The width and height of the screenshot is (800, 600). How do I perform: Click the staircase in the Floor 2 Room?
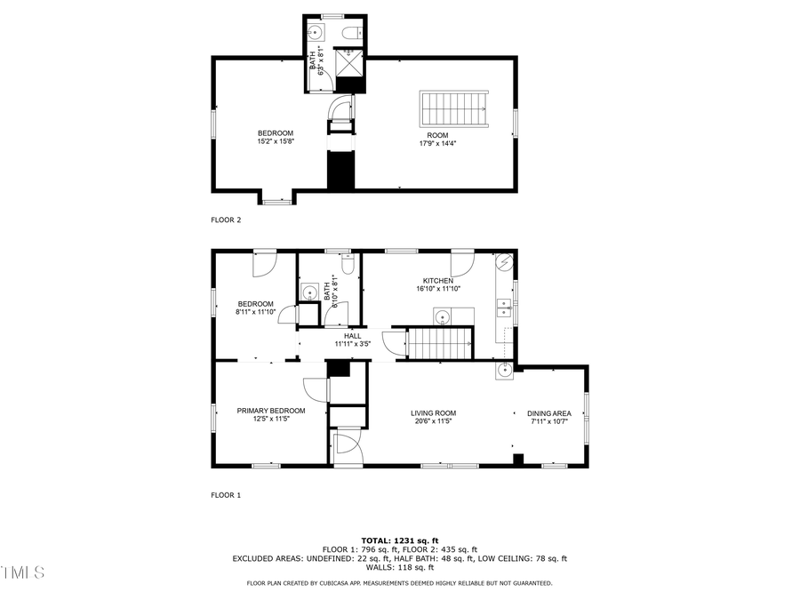tap(454, 108)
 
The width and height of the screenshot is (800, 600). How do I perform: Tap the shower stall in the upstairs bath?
tap(349, 63)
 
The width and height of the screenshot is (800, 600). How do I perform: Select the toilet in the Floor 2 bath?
tap(352, 34)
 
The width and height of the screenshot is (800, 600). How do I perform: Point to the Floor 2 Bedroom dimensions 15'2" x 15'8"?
tap(276, 141)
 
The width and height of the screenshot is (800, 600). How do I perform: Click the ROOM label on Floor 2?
tap(437, 135)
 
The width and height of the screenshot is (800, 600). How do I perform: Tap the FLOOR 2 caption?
tap(226, 220)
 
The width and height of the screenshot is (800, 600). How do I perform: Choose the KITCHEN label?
tap(437, 281)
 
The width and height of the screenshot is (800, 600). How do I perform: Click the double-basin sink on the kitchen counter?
tap(504, 308)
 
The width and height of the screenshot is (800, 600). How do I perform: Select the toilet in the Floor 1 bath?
tap(348, 264)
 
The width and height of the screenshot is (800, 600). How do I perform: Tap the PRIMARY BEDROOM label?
tap(271, 411)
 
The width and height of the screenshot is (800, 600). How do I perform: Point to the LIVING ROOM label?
tap(433, 412)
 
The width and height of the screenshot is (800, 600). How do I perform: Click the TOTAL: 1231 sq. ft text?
tap(399, 540)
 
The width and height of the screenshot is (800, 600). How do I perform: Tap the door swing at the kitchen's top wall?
tap(461, 263)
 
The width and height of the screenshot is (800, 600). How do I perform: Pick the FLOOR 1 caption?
tap(226, 495)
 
